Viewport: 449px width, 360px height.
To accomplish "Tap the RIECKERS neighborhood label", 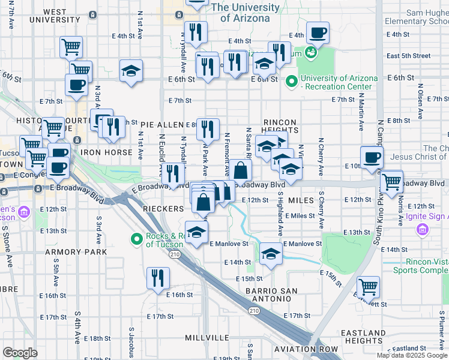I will pos(164,208).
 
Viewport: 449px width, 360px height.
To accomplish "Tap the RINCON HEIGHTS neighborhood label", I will pos(280,125).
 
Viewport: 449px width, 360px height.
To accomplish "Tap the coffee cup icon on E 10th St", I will pos(371,157).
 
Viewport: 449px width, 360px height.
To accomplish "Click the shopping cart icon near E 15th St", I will pos(367,287).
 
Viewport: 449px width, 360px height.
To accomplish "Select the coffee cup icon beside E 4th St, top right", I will pos(317,32).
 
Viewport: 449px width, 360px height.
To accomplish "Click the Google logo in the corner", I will pos(20,353).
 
